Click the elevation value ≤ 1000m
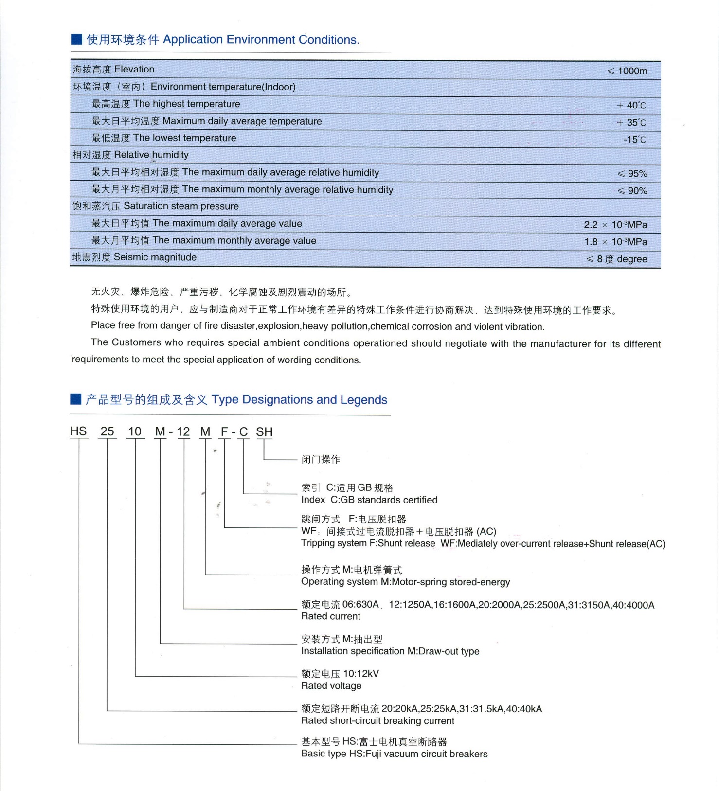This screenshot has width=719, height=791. (627, 71)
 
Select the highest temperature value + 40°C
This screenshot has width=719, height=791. (631, 105)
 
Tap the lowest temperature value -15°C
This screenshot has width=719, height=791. (634, 140)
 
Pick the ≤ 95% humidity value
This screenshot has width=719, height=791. (632, 174)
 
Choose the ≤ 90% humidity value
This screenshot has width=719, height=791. (632, 191)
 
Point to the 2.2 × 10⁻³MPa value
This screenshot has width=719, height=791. (615, 225)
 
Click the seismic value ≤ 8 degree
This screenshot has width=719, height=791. (617, 259)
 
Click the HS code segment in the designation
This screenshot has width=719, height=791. (78, 431)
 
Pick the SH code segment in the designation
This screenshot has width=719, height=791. (264, 432)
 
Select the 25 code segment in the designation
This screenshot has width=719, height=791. (107, 431)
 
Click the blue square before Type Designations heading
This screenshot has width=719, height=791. (75, 399)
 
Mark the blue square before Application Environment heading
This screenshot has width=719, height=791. (76, 39)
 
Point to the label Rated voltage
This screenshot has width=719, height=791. (331, 686)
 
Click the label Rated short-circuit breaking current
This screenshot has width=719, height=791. (377, 721)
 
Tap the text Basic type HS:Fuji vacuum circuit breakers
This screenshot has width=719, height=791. (394, 754)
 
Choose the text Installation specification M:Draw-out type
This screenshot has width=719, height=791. (390, 651)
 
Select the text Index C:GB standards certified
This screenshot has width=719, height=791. (369, 500)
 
